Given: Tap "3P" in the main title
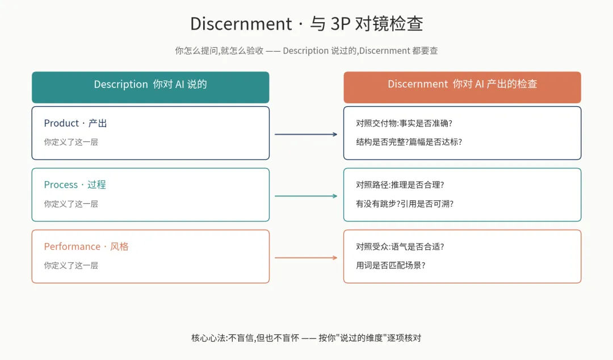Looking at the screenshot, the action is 340,24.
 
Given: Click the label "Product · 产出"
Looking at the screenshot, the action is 75,123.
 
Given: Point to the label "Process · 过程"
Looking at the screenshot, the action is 75,185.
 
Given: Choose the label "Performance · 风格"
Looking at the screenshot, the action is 86,246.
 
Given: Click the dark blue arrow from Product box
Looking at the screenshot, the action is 306,135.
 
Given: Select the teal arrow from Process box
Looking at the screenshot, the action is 306,196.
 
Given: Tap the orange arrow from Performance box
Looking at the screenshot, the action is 306,258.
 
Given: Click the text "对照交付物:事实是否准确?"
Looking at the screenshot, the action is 404,123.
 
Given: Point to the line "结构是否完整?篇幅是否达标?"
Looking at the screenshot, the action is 409,142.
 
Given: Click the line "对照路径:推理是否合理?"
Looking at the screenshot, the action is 400,185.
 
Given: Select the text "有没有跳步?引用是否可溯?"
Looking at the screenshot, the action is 405,203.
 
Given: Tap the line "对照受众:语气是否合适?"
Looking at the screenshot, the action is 400,246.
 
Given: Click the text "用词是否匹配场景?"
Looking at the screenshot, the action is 391,265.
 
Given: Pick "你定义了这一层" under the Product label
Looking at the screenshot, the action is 71,142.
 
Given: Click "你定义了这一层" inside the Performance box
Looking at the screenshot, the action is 71,265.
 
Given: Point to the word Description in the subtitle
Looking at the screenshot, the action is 305,51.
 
